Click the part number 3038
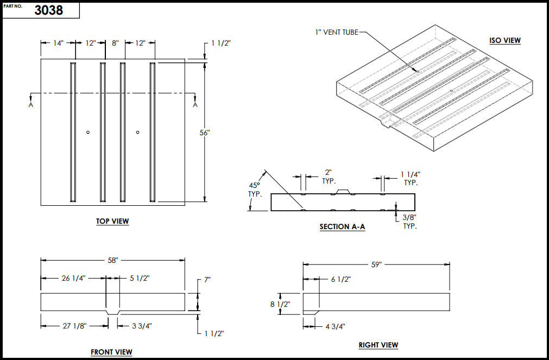49,10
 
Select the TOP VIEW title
112,221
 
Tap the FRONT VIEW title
111,352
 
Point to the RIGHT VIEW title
378,345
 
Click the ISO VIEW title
505,40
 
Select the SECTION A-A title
342,226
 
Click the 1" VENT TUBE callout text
337,32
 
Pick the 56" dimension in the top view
205,133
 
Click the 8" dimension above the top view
115,43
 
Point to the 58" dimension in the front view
113,260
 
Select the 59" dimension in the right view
376,264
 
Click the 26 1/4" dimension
72,279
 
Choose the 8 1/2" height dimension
280,304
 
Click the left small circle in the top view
88,132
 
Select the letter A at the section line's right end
195,105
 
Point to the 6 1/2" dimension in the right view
341,279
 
